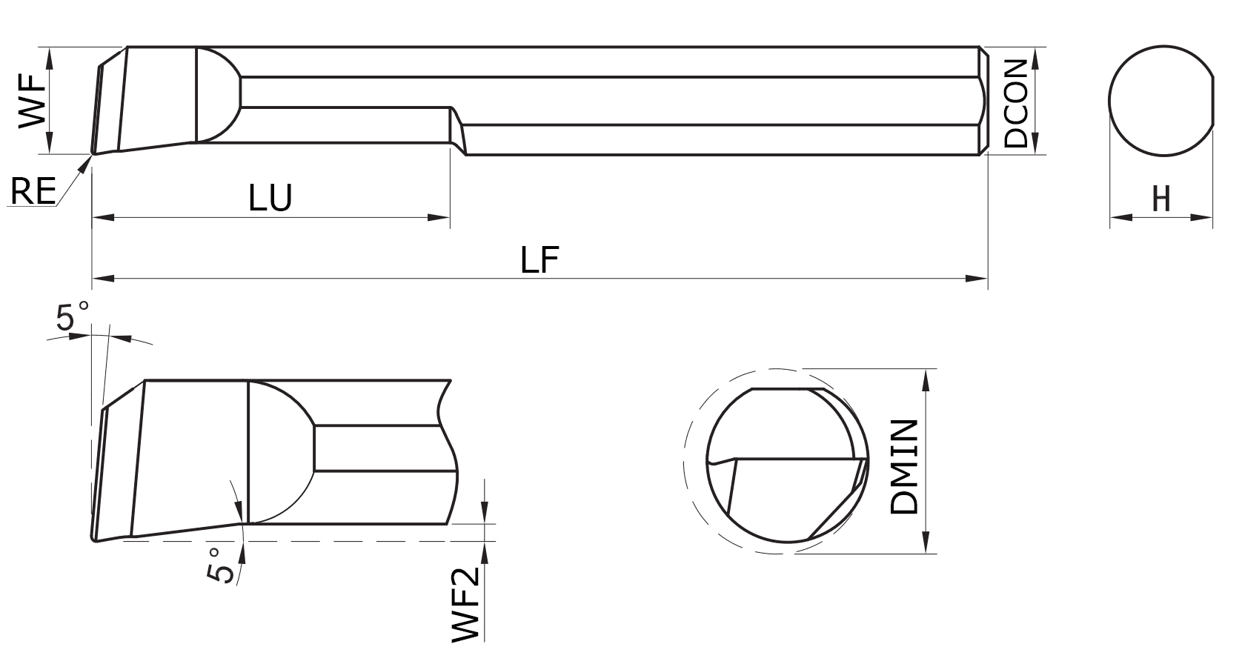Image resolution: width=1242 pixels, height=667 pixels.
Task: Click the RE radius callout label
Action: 33,192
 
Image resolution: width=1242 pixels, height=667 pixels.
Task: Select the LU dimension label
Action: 270,198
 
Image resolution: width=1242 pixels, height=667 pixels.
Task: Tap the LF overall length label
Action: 539,260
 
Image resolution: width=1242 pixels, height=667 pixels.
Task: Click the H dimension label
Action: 1161,199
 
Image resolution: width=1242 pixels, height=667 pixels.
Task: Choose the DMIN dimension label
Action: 905,467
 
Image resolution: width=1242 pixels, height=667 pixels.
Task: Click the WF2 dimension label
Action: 468,605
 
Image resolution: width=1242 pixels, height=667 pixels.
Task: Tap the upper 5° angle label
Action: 72,317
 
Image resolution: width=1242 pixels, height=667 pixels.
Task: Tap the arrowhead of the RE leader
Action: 87,162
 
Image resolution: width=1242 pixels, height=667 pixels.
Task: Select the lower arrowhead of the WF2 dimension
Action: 485,551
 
